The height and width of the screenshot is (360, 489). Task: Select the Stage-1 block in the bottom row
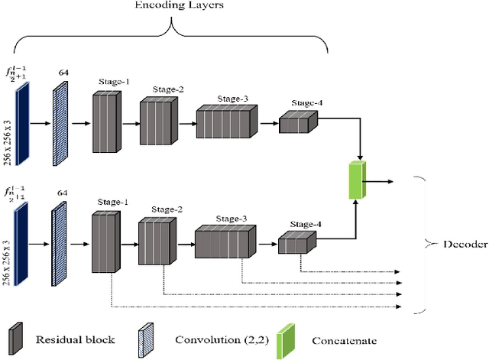click(108, 242)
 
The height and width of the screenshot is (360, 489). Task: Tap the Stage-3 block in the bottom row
click(225, 243)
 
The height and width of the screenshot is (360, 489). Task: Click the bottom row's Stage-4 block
click(293, 243)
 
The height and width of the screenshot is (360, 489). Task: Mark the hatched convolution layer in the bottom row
click(60, 242)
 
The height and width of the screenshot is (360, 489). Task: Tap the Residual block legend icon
click(14, 339)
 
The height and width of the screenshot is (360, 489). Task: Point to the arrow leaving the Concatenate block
click(379, 181)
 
